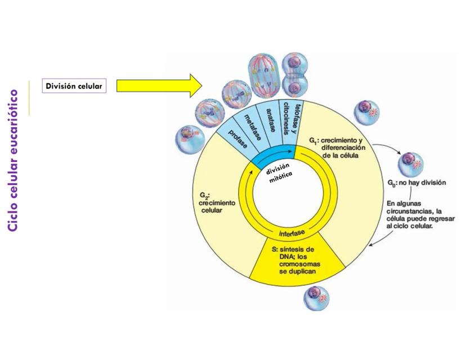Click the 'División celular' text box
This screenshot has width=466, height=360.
click(74, 86)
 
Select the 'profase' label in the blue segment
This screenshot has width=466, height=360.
click(237, 139)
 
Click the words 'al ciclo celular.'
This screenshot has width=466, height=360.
click(410, 226)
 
